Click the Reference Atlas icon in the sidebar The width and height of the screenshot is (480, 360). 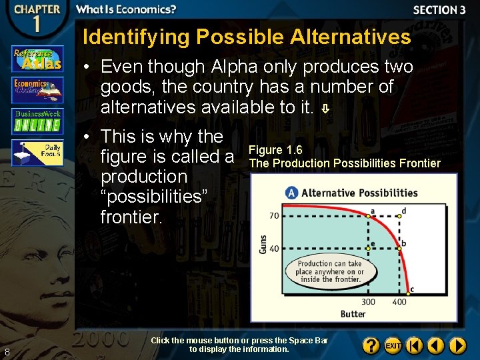[37, 59]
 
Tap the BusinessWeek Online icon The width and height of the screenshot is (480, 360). [37, 121]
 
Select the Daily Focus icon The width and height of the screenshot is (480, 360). [37, 152]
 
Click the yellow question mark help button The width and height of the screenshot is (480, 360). [371, 346]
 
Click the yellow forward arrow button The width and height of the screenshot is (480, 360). [457, 346]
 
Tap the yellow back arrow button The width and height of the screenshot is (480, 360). [436, 346]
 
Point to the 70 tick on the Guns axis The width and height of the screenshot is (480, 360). [274, 215]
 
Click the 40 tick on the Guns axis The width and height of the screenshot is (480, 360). [274, 249]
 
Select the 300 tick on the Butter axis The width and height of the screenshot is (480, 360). [369, 302]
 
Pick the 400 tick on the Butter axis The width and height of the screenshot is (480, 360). [399, 302]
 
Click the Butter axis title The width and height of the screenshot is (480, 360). [353, 314]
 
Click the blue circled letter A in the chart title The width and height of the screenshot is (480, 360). [291, 193]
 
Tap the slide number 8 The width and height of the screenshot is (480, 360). [7, 352]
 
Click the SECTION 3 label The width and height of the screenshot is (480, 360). [439, 10]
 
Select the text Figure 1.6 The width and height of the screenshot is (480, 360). [275, 150]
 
